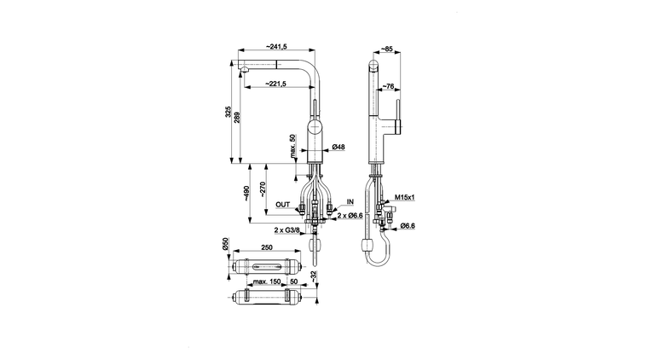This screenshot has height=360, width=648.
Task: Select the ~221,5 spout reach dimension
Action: [275, 83]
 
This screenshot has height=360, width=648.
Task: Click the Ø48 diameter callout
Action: [338, 148]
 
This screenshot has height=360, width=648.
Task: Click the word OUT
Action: [283, 205]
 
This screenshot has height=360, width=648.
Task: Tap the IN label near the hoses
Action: [350, 202]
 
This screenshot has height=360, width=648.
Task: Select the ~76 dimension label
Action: [388, 86]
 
